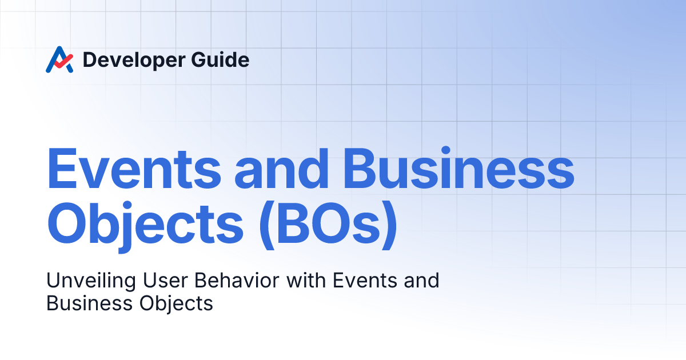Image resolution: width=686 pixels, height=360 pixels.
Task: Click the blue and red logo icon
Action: coord(59,59)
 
